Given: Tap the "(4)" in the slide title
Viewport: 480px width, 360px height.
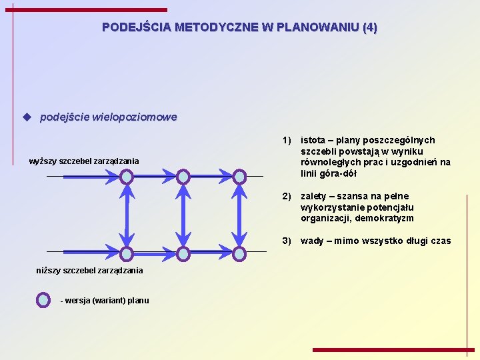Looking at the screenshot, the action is [370, 28].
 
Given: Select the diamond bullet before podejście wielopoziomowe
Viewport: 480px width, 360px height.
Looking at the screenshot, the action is [27, 117].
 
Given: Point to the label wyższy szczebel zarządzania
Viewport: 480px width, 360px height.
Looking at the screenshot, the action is [85, 161].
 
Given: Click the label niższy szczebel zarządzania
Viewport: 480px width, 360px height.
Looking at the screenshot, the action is [89, 270].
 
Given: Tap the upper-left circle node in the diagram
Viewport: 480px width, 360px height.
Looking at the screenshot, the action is [127, 177].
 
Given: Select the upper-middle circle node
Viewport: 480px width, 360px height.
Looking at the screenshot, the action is [183, 177].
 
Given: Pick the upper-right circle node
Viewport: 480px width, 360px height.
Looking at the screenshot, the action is [239, 177].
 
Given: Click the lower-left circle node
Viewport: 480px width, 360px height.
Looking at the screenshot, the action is [127, 254].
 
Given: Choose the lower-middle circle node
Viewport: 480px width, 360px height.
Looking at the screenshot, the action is [183, 254].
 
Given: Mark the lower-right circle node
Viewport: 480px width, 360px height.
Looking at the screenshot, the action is [239, 254].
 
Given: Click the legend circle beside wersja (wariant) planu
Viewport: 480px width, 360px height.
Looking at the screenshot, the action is [43, 300].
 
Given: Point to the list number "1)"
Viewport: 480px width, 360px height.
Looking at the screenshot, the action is [287, 140].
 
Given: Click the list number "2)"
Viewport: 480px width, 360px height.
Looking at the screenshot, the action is [287, 196].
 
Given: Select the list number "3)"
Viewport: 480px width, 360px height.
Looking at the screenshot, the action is [287, 241].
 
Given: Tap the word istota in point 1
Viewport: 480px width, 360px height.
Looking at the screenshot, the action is [313, 140].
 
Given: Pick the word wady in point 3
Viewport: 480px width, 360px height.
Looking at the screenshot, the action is [312, 241].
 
